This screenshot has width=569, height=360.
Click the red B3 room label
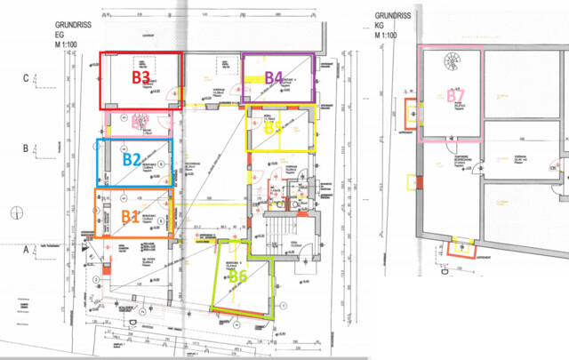click(x=140, y=77)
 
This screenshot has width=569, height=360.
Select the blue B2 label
click(x=132, y=161)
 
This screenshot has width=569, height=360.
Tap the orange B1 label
click(x=129, y=215)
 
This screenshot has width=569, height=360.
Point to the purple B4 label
click(x=274, y=77)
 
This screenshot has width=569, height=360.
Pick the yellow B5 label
click(x=273, y=128)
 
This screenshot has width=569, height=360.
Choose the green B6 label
click(x=237, y=276)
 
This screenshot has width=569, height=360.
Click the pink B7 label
click(x=456, y=95)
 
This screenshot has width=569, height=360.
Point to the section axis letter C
click(x=26, y=78)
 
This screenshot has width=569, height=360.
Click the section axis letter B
click(x=26, y=148)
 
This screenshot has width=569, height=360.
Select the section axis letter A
click(x=26, y=251)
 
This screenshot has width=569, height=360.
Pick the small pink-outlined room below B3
click(x=142, y=122)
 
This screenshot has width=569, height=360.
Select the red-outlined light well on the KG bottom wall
click(x=463, y=245)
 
